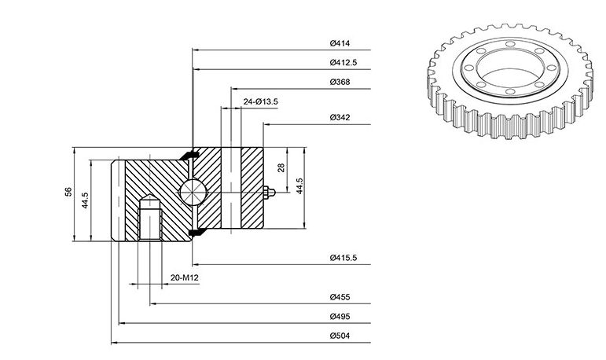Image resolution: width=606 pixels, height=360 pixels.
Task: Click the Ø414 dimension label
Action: tap(340, 43)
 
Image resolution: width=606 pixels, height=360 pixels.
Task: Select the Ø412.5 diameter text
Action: tap(343, 63)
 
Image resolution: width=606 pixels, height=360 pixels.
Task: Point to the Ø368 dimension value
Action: tap(340, 82)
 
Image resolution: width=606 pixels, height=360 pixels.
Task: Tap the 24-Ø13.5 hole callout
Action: tap(260, 101)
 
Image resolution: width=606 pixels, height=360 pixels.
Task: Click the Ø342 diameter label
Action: tap(340, 118)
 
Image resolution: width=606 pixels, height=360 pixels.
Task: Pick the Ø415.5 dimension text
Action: tap(343, 258)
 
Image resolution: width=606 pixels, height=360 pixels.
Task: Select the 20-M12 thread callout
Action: tap(185, 277)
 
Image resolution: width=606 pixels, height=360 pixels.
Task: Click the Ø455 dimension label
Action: tap(340, 297)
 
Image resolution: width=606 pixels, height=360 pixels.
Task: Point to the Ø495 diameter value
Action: tap(340, 317)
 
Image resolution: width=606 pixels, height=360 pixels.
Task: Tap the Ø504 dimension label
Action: tap(340, 336)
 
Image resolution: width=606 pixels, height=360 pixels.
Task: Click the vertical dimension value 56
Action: tap(68, 192)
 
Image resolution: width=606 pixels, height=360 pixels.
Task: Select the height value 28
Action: tap(281, 168)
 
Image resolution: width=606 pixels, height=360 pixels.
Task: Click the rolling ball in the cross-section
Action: tap(193, 192)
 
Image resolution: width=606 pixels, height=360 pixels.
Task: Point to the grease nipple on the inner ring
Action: tap(269, 192)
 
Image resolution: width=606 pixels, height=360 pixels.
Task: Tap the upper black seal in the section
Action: tap(189, 155)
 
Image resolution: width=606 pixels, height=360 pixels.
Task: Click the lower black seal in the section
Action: tap(197, 232)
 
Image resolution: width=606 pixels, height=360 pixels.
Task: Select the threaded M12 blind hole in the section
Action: tap(150, 218)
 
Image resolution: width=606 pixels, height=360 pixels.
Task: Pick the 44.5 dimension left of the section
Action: tap(86, 200)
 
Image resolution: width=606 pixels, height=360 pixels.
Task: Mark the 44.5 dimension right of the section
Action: tap(299, 186)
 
